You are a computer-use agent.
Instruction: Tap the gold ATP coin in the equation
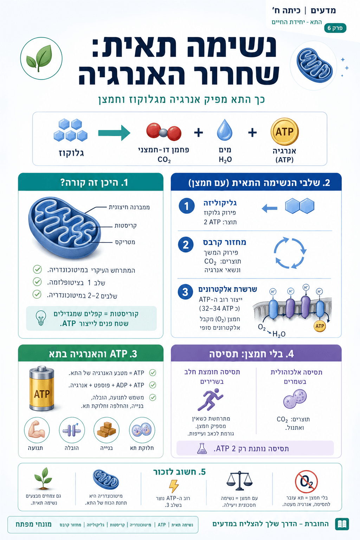point(284,131)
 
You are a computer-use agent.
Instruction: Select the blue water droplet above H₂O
point(225,130)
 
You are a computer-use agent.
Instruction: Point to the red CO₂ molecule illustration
point(164,131)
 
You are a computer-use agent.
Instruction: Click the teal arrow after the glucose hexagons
point(114,133)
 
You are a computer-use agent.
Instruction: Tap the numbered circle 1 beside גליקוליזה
point(187,206)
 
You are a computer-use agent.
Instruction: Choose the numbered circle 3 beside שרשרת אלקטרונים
point(185,292)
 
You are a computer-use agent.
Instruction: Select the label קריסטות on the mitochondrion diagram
point(126,226)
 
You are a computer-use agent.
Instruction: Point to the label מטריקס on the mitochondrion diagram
point(125,242)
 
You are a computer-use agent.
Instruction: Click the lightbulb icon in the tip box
point(41,318)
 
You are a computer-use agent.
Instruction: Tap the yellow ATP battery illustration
point(41,388)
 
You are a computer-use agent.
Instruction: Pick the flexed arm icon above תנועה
point(37,430)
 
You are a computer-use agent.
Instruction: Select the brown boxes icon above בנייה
point(106,430)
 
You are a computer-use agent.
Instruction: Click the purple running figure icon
point(210,399)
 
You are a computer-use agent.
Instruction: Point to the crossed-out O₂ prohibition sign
point(306,482)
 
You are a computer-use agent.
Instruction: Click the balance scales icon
point(239,481)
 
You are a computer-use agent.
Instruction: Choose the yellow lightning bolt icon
point(174,486)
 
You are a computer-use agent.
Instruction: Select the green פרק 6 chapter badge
point(335,28)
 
